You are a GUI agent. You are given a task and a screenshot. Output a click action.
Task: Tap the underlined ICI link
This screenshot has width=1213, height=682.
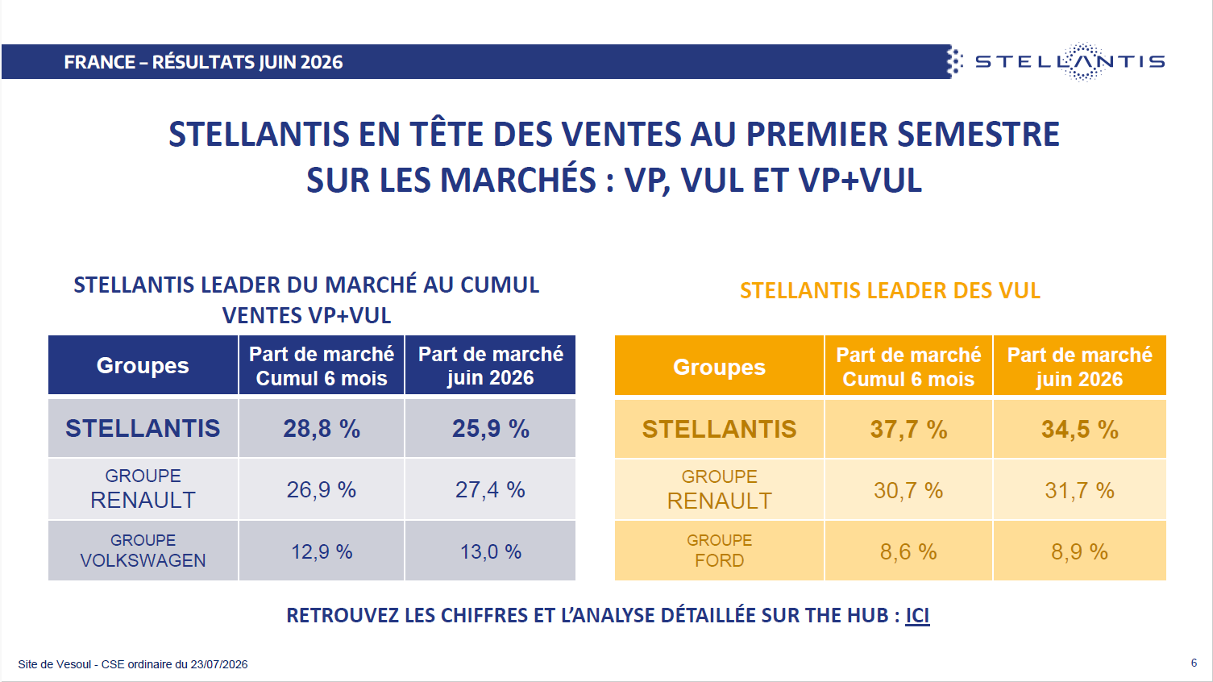pos(917,616)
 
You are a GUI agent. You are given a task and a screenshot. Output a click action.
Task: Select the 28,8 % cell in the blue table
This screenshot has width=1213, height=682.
pos(321,429)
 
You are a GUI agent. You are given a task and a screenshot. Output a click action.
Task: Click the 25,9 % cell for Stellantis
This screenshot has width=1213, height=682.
pos(490,429)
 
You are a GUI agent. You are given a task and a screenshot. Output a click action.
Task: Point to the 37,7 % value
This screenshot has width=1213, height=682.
pos(908,430)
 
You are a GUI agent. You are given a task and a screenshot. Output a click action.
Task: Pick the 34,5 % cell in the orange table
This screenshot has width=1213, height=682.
pos(1079,430)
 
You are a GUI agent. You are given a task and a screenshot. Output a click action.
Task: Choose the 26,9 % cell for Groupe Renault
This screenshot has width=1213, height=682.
pos(321,489)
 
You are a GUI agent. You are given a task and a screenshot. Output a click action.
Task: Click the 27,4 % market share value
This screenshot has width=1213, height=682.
pos(490,489)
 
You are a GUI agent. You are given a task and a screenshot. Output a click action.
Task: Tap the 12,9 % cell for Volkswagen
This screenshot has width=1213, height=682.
pos(321,551)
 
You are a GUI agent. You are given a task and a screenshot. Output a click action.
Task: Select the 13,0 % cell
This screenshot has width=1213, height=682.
pos(490,551)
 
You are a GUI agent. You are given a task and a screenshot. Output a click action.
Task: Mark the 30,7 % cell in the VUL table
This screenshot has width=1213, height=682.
pos(908,490)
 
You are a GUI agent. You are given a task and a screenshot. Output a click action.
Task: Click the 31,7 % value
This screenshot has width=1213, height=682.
pos(1079,490)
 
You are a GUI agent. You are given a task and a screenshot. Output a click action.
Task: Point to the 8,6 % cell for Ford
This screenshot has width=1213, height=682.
pos(908,551)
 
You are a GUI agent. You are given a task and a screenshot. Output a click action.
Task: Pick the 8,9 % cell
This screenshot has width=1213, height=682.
pos(1079,551)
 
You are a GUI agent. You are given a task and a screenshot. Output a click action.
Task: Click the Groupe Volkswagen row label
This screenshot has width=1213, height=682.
pos(143,551)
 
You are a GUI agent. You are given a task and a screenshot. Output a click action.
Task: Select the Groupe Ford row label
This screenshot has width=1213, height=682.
pos(719,551)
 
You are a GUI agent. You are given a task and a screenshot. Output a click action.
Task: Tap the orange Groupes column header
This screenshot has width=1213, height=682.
pos(719,367)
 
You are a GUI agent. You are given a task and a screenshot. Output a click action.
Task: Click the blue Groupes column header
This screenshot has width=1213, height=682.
pos(143,365)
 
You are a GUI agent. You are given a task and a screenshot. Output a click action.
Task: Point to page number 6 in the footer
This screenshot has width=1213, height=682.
pos(1194,663)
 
